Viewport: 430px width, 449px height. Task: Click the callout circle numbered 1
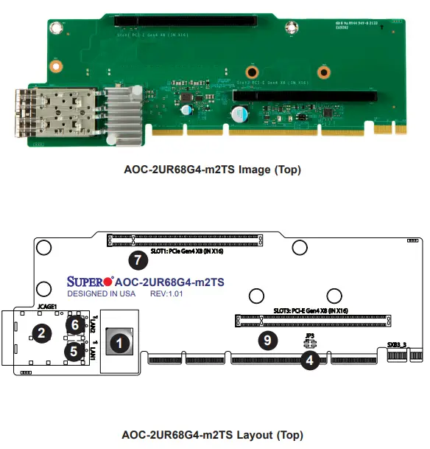click(119, 342)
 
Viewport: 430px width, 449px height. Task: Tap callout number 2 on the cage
click(42, 333)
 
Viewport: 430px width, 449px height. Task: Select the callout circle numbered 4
click(311, 361)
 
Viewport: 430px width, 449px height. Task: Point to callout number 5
click(74, 352)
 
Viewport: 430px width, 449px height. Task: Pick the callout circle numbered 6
click(74, 325)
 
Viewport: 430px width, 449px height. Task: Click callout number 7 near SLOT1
click(136, 260)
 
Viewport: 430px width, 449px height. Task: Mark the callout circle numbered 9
click(269, 340)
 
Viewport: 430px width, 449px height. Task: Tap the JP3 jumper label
click(310, 335)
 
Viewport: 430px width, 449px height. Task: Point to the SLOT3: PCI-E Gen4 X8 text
click(311, 310)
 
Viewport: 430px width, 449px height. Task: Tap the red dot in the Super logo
click(108, 281)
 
